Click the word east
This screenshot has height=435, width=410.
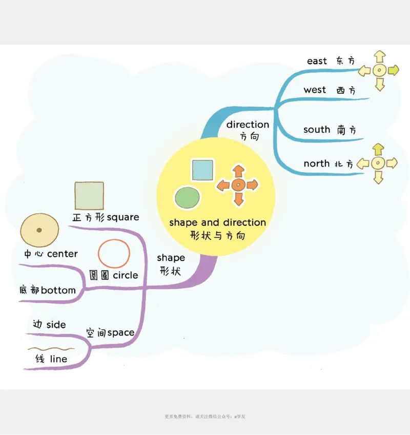[317, 61]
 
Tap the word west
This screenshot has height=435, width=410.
[314, 90]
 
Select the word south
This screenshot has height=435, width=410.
[316, 130]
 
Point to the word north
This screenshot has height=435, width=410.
[316, 163]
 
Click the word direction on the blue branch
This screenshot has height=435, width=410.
[248, 125]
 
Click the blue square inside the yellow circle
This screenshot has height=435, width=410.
[202, 170]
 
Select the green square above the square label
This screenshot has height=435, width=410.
[89, 196]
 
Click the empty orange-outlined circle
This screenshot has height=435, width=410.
[114, 254]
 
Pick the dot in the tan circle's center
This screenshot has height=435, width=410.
[39, 230]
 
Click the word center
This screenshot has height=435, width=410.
[63, 254]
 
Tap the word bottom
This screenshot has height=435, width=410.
[58, 290]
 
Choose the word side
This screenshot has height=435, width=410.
[56, 324]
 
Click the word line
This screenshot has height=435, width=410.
[58, 359]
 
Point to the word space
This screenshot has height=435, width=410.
[120, 333]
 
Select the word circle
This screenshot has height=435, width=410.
[126, 275]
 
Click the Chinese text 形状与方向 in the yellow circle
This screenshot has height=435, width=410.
[217, 236]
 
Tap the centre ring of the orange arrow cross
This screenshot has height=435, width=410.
[238, 185]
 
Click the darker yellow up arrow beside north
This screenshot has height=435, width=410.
[378, 150]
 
